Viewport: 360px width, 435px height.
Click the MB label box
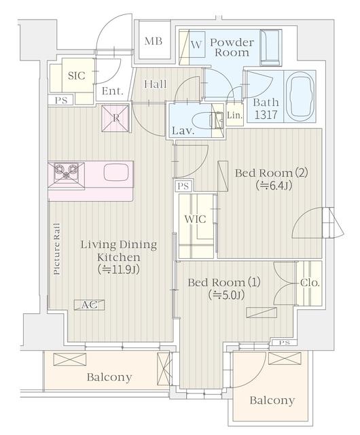coord(153,41)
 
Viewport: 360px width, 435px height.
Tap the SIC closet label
coord(77,75)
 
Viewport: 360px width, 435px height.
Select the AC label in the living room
coord(89,304)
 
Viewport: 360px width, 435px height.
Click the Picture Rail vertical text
coord(57,248)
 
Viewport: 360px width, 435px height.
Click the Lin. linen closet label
coord(234,116)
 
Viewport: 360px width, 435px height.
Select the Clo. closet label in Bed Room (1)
coord(309,282)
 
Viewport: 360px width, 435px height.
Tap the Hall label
coord(156,84)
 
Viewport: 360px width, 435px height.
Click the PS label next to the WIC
coord(182,186)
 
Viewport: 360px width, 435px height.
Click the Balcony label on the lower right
coord(272,400)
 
